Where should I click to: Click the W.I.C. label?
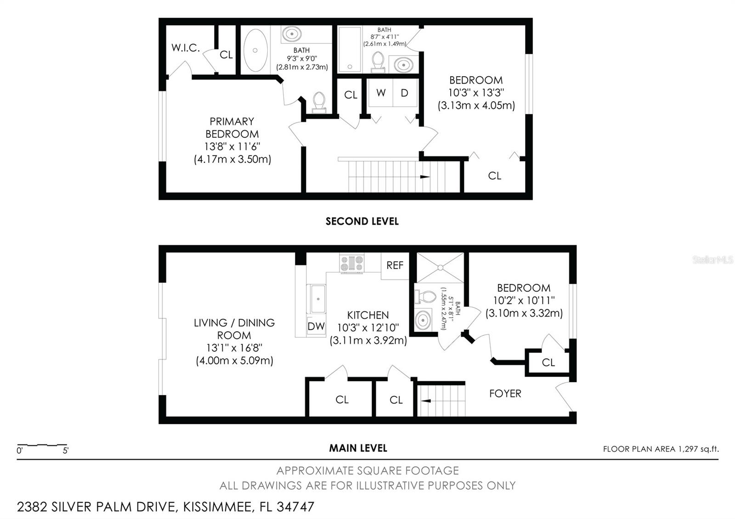[x=186, y=48]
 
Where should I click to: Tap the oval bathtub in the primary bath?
[x=255, y=50]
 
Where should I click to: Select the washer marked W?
[x=381, y=93]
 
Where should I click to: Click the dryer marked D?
[x=405, y=93]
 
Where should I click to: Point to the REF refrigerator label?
[x=395, y=265]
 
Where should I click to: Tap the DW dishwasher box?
[x=316, y=326]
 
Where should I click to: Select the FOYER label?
[x=505, y=393]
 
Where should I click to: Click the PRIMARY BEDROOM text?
[x=232, y=128]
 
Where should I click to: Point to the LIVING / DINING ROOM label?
[x=234, y=329]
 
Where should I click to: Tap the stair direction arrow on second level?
[x=425, y=177]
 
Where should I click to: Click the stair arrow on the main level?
[x=426, y=401]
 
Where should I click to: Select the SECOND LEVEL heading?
[x=362, y=221]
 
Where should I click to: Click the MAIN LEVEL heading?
[x=358, y=448]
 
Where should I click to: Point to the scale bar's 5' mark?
[x=66, y=451]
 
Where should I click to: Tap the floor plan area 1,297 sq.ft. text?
[x=661, y=449]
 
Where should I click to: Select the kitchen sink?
[x=317, y=299]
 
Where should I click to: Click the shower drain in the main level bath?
[x=441, y=268]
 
